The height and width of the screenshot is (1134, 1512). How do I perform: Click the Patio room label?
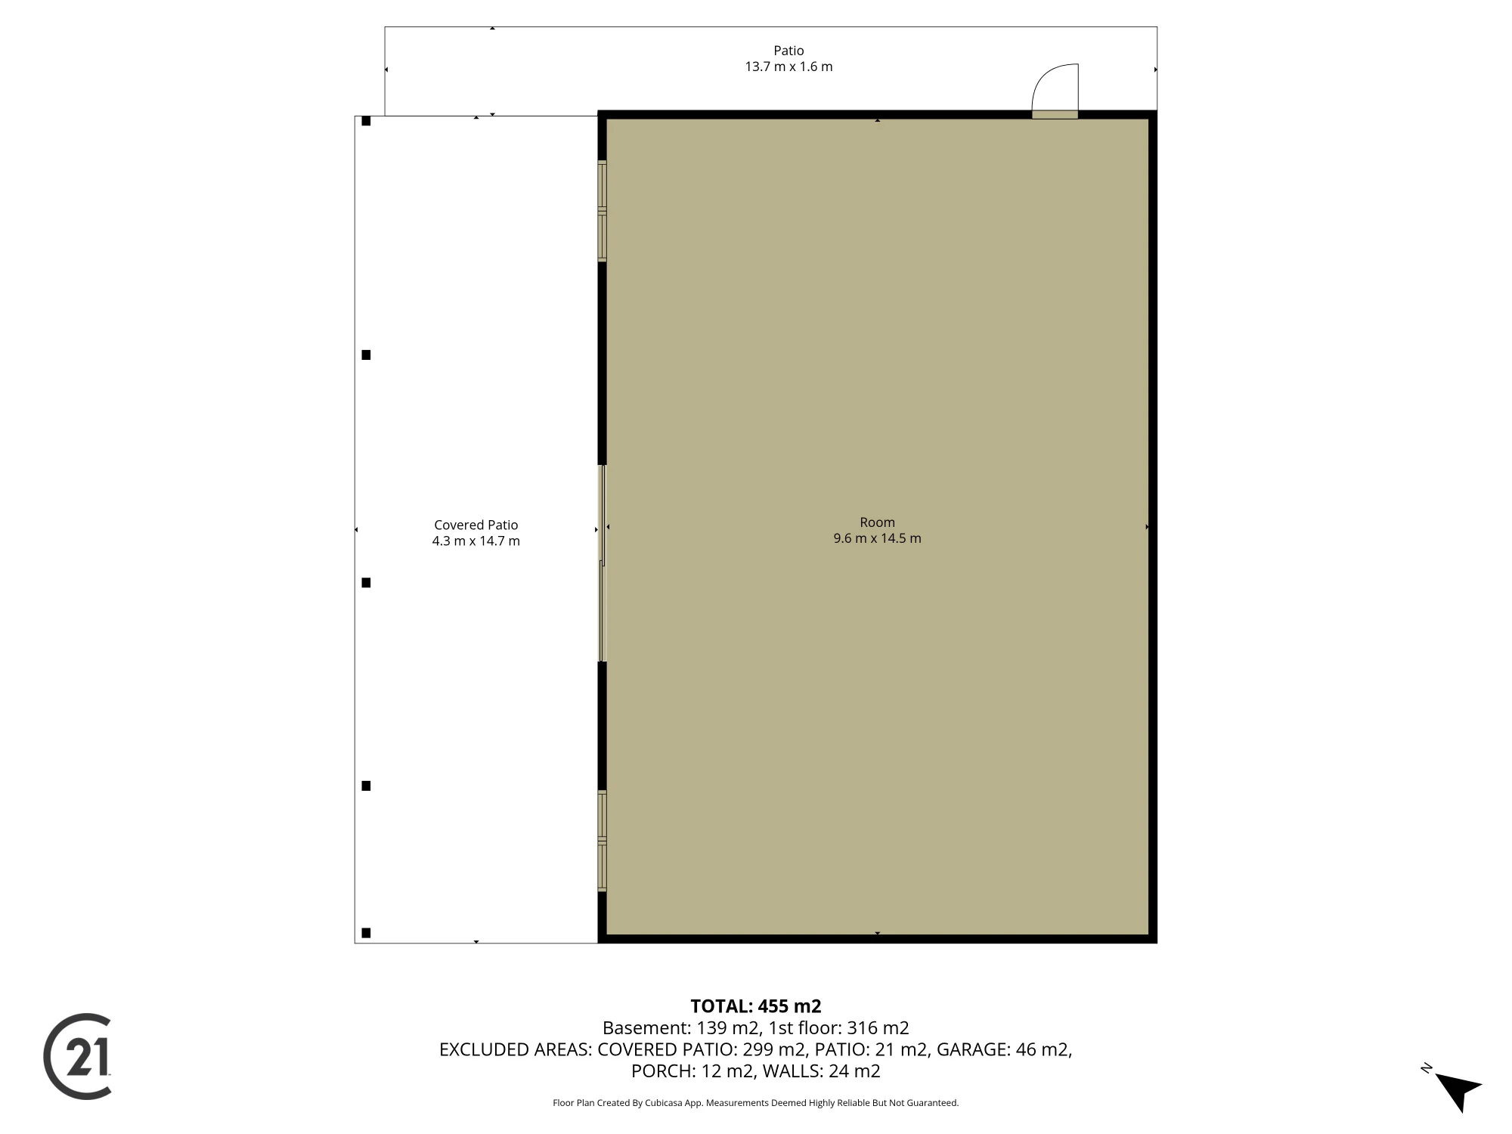(789, 51)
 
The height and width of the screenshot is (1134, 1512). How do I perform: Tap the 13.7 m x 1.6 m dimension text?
(789, 67)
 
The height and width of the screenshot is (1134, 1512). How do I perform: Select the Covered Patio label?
(476, 525)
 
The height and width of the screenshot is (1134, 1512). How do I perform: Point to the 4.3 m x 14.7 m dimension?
(476, 541)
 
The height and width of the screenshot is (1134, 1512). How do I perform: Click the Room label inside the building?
(877, 522)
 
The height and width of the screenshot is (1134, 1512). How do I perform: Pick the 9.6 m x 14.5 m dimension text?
(877, 538)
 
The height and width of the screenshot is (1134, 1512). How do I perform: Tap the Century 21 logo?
(78, 1056)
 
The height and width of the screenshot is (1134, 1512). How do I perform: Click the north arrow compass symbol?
(1455, 1089)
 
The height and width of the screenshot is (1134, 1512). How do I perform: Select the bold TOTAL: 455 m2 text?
(756, 1006)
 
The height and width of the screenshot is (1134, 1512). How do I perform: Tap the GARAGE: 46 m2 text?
(1005, 1049)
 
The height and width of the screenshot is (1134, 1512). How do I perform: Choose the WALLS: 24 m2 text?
(822, 1071)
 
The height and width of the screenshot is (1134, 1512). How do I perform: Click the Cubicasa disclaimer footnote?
(756, 1103)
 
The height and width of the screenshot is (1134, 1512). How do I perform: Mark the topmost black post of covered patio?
(366, 121)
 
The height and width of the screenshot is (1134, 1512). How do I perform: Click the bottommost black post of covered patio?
(366, 933)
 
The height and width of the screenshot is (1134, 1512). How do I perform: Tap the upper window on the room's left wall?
(603, 211)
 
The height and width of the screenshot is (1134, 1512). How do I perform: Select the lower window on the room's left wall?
(603, 841)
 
